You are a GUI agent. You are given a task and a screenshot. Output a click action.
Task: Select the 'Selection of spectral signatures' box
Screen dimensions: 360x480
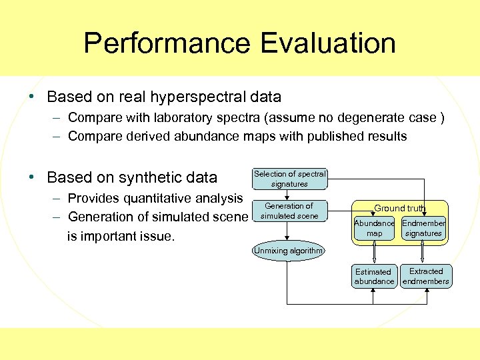289,179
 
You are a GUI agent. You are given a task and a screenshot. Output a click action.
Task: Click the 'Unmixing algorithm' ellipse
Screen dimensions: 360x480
288,251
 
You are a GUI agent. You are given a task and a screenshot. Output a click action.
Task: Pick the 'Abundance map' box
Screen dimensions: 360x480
374,228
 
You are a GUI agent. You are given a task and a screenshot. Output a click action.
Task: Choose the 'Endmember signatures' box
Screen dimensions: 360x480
423,228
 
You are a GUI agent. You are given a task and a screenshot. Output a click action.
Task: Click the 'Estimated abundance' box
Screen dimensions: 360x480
374,276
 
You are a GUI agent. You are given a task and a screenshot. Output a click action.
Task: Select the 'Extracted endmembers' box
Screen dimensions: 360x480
426,276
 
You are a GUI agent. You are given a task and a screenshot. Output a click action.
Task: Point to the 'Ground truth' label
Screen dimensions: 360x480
399,208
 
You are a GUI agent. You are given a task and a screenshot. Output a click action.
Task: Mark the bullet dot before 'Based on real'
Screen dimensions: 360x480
31,97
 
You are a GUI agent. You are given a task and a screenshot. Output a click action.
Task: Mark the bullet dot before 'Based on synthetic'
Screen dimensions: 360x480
31,177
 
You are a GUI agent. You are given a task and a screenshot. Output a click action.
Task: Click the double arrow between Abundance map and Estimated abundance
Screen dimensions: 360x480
374,252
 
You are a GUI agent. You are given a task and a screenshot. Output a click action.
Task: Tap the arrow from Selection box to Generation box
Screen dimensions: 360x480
287,194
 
